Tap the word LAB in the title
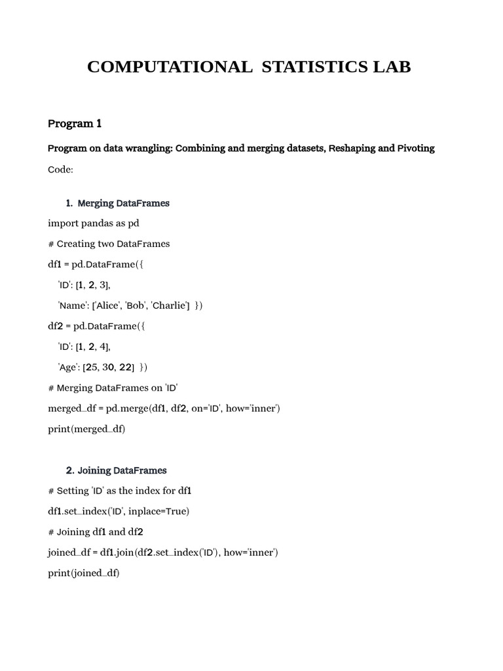[388, 67]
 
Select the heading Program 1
[75, 124]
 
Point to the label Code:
[61, 170]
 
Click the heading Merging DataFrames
[123, 203]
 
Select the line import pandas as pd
[94, 223]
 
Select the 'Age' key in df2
[68, 367]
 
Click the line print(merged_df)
[86, 429]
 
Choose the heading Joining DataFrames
[122, 470]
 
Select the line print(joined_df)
[84, 573]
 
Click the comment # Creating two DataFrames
[109, 244]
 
